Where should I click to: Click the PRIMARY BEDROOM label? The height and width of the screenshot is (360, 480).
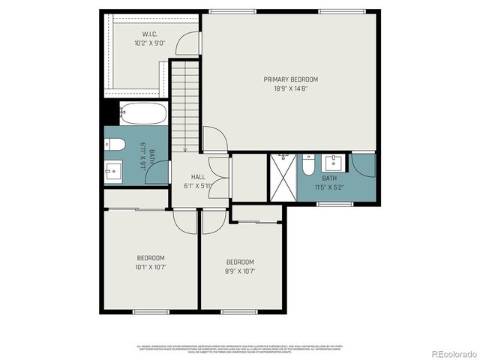point(290,79)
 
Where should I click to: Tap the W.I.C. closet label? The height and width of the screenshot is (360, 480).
point(148,34)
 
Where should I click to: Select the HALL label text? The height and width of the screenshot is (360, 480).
point(198,177)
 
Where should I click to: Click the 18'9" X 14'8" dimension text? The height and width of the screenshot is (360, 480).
point(290,88)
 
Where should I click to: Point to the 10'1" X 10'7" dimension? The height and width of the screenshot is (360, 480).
point(150,267)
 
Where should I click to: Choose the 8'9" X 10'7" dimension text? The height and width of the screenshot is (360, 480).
point(241,271)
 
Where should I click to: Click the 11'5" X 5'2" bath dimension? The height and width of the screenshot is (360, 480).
point(330,187)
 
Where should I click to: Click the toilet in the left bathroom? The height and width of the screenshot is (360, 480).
point(109,143)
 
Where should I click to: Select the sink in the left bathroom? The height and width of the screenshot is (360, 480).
point(113,170)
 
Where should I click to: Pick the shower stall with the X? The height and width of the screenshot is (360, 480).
point(283,178)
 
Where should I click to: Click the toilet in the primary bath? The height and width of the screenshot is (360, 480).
point(308,164)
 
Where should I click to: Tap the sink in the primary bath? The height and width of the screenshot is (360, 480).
point(334,161)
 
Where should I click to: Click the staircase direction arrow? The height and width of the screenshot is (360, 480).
point(184,148)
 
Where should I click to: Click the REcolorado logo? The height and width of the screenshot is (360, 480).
point(453,353)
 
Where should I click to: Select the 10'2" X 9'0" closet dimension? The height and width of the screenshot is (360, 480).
point(148,43)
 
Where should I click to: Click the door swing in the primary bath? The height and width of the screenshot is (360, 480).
point(363,165)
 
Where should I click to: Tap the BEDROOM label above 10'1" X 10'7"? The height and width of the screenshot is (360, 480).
point(150,258)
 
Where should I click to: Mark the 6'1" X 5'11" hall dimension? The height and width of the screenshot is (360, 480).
point(198,186)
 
